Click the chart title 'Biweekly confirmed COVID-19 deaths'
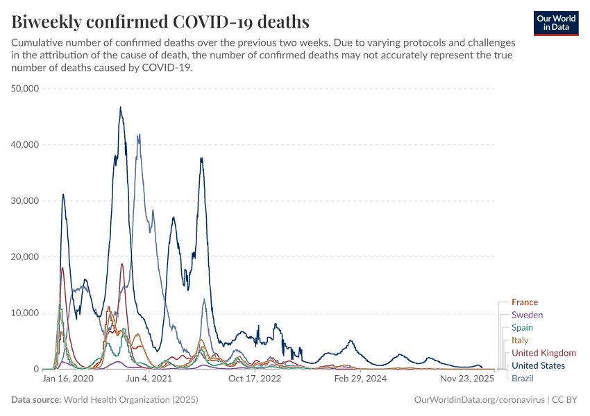coord(160,21)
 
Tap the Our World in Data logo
coord(556,22)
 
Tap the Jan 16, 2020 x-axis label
coord(68,379)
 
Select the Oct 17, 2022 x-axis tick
coord(254,379)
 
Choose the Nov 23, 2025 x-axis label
coord(466,379)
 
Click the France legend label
coord(524,302)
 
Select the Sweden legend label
coord(527,315)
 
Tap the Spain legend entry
coord(523,327)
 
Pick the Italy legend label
coord(520,340)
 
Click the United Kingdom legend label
coord(543,353)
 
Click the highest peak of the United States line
coord(120,107)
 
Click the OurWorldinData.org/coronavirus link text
coord(478,400)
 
